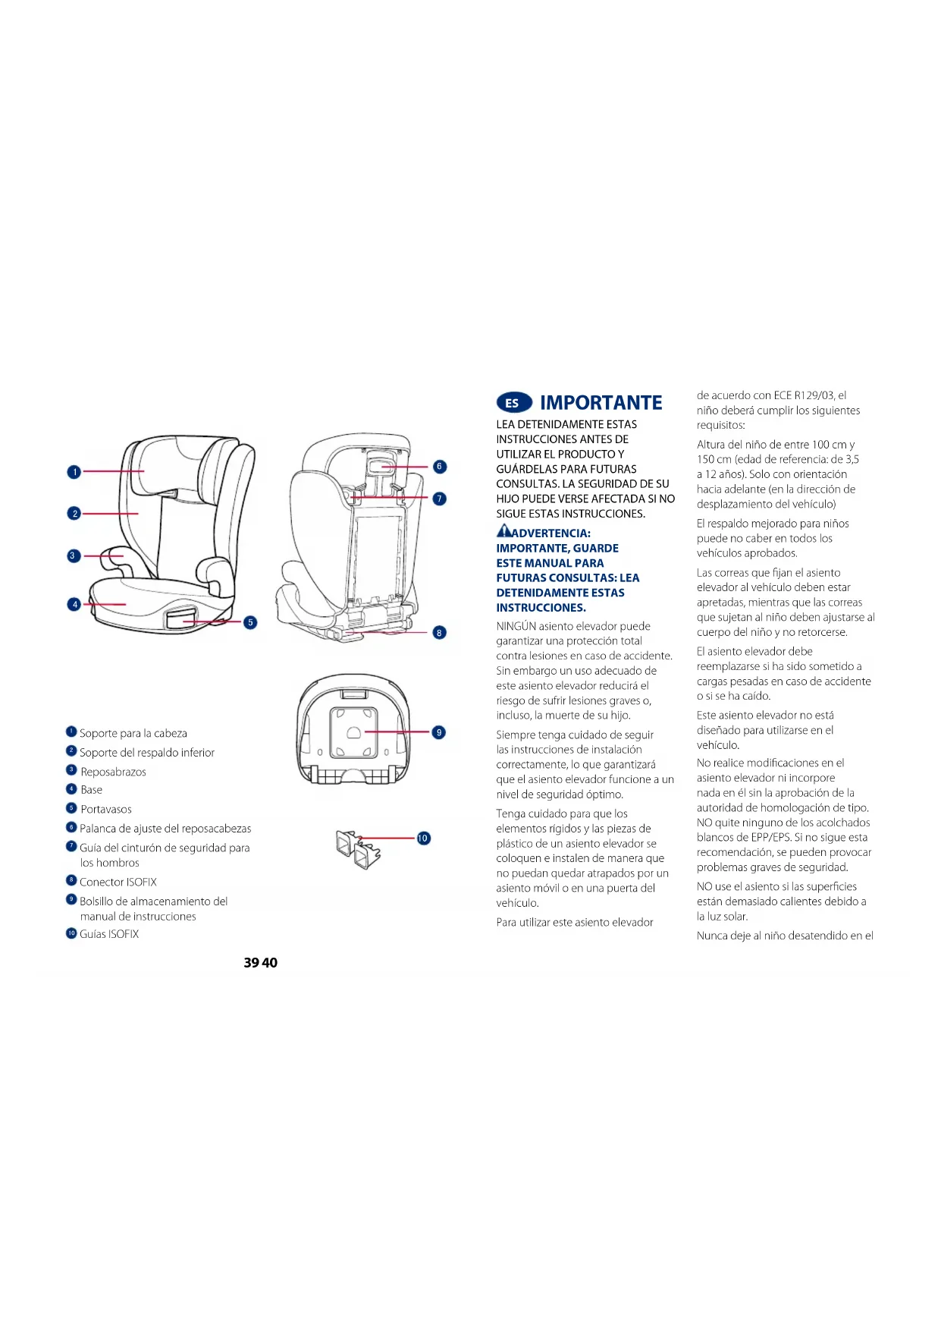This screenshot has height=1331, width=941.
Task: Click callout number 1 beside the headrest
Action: (x=74, y=472)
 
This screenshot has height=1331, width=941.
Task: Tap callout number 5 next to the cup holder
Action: (x=250, y=622)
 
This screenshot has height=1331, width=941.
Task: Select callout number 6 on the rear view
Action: (x=440, y=467)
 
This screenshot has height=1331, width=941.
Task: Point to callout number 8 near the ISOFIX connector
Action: (x=440, y=633)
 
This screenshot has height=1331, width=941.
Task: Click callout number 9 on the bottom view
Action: (x=438, y=732)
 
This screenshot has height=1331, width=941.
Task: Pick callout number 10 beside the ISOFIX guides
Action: (x=423, y=839)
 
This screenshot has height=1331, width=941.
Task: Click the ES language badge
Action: (x=513, y=403)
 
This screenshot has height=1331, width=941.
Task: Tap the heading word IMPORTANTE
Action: (x=601, y=403)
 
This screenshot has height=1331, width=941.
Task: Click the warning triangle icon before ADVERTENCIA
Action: (x=503, y=531)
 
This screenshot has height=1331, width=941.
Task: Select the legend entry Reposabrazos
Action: (x=114, y=772)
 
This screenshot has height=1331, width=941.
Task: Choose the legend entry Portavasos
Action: (x=106, y=809)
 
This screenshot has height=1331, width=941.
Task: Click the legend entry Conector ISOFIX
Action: (x=118, y=882)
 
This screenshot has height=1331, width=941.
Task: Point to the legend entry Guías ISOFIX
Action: (x=109, y=934)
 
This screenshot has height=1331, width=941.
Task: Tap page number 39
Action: (x=251, y=962)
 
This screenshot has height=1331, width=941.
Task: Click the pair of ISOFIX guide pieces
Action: (x=357, y=849)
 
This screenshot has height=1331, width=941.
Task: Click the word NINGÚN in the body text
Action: (x=516, y=626)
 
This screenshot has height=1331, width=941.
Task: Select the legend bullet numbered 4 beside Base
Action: (x=72, y=789)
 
